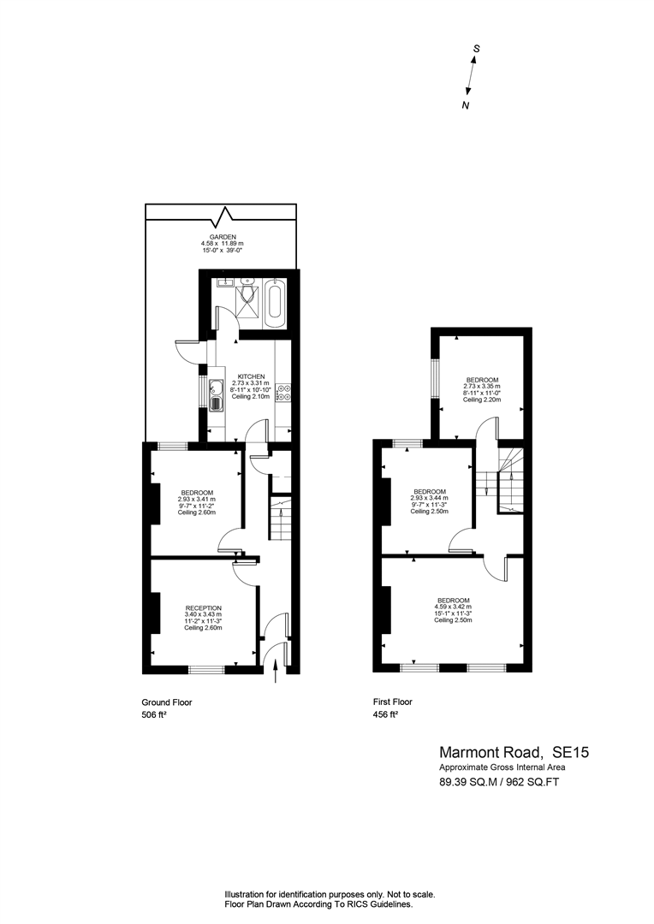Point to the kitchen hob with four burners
[x=285, y=392]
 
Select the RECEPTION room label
[x=203, y=607]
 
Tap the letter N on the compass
[x=466, y=106]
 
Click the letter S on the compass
[x=477, y=50]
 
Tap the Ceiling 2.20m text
[x=482, y=400]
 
